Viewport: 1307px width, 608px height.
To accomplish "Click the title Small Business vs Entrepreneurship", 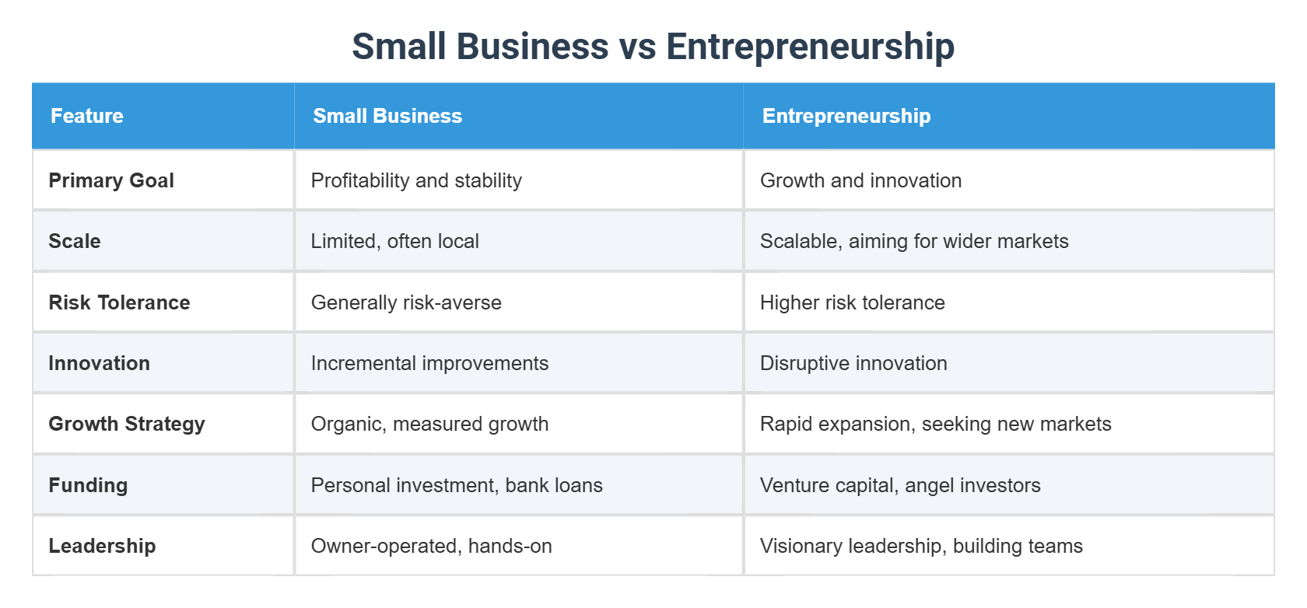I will coord(653,47).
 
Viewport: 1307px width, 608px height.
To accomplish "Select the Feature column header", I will coord(87,116).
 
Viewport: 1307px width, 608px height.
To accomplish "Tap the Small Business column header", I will coord(387,116).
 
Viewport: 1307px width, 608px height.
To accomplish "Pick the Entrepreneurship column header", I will coord(846,116).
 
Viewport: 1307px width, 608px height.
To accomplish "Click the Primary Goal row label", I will coord(111,180).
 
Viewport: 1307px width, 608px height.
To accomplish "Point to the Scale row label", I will coord(75,241).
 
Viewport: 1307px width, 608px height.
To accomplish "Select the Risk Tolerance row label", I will coord(119,302).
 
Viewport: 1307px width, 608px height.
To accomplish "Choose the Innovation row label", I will coord(99,363).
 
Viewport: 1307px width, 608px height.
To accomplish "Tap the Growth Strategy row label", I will coord(127,424).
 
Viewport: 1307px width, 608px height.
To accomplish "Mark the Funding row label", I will coord(88,485).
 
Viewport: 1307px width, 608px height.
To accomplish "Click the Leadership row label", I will coord(102,546).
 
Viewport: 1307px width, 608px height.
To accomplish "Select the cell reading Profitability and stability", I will coord(416,180).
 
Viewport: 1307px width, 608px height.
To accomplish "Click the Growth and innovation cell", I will coord(860,180).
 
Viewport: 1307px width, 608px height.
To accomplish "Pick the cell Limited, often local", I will coord(394,241).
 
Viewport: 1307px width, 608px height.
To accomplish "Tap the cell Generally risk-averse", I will coord(406,302).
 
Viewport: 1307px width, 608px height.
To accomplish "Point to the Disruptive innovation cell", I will coord(853,363).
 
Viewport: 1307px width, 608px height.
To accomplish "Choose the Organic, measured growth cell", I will coord(429,424).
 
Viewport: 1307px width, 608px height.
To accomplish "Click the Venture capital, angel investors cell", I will coord(900,485).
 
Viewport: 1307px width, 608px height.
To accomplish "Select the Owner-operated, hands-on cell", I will coord(431,546).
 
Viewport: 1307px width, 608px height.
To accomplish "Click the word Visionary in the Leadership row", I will coord(795,546).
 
